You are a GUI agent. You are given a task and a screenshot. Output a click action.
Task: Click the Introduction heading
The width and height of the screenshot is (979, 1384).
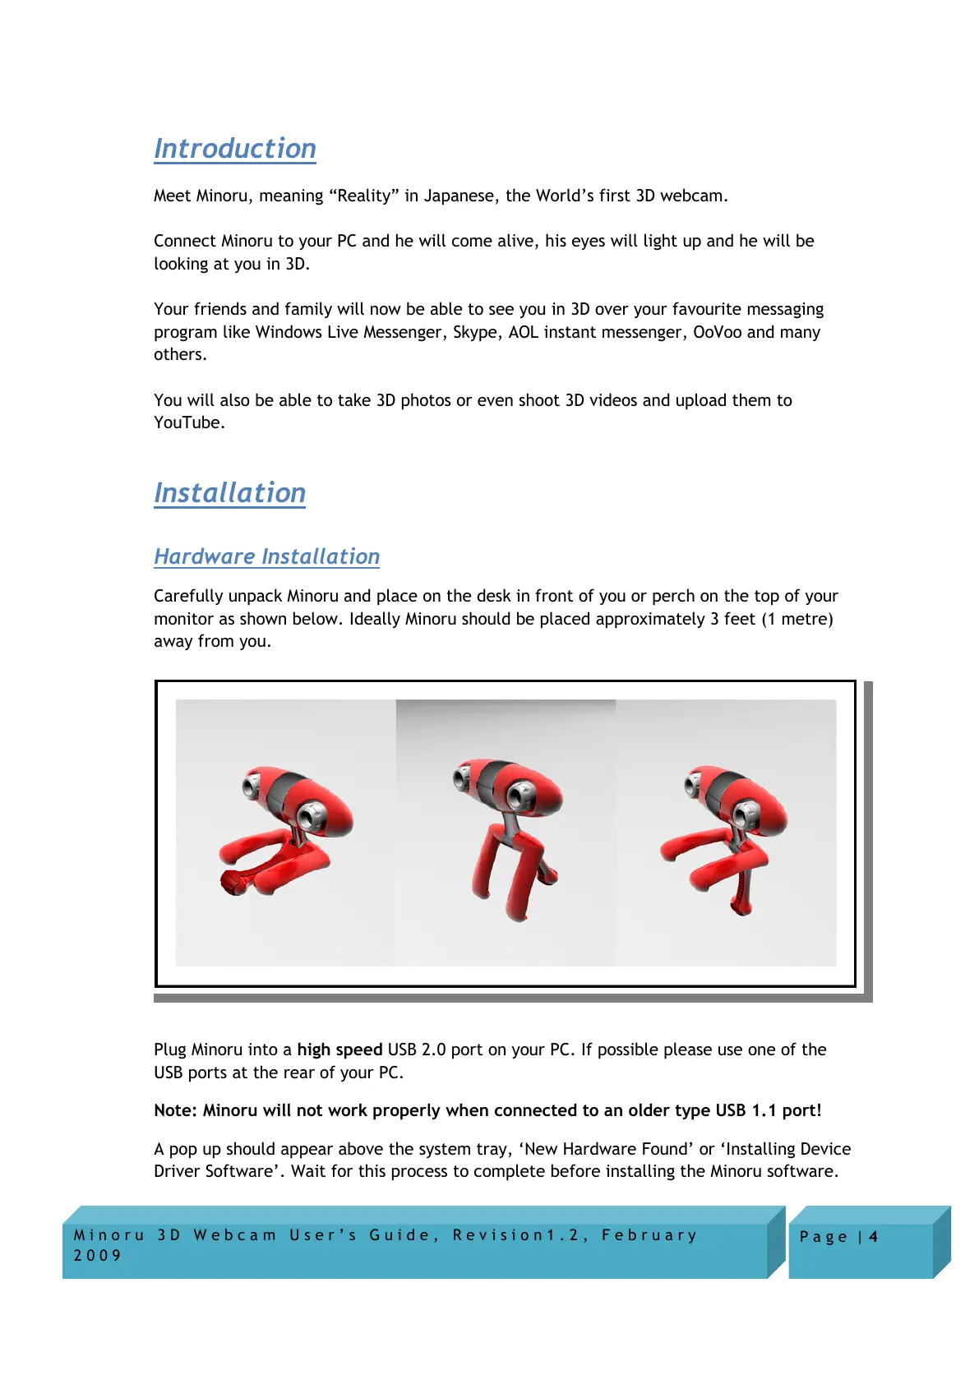point(234,149)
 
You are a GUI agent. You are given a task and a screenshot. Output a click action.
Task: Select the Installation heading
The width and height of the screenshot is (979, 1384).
point(229,493)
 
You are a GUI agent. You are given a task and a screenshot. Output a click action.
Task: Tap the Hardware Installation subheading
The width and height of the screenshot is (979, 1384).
point(266,556)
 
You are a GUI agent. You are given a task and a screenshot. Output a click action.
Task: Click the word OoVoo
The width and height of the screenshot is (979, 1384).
point(717,332)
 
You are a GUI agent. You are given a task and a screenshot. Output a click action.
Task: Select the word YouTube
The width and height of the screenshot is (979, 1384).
point(187,422)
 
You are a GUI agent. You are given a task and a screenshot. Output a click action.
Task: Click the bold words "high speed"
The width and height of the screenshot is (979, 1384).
point(339,1050)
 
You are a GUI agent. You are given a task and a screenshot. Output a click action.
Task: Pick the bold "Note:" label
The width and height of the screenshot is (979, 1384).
point(176,1110)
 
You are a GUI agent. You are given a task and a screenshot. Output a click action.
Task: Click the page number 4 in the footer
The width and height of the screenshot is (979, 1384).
point(873,1237)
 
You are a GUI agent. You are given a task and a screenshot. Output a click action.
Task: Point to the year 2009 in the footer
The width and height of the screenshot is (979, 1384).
point(97,1256)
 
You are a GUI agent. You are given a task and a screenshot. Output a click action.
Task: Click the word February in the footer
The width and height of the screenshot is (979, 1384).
point(649,1235)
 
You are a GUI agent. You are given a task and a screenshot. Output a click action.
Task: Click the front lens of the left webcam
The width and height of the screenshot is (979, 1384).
point(312,818)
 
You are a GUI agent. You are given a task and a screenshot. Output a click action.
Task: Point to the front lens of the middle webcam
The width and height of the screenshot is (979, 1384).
point(520,796)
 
